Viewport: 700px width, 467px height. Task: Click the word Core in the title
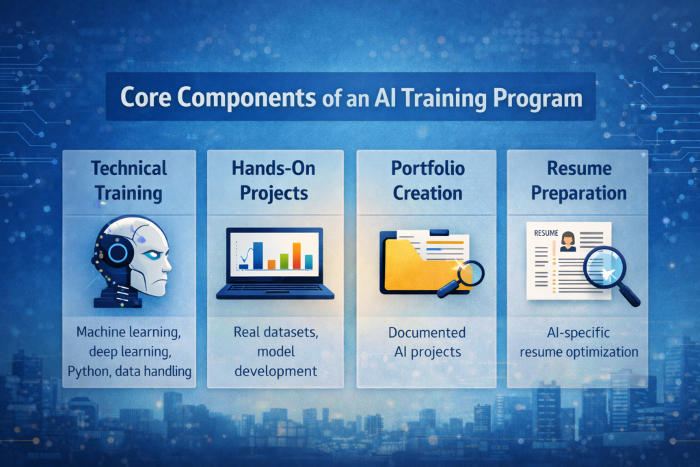coord(147,97)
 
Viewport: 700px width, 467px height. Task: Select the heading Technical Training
coord(129,180)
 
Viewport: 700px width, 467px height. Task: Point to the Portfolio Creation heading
coord(428,180)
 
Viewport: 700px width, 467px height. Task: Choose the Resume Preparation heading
coord(578,180)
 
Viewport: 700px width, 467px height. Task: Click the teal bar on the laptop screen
coord(308,261)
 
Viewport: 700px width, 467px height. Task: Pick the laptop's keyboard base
coord(275,292)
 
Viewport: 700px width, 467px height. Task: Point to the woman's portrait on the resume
coord(567,241)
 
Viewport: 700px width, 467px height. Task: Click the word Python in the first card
coord(87,371)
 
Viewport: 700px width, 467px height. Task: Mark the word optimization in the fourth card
coord(606,352)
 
